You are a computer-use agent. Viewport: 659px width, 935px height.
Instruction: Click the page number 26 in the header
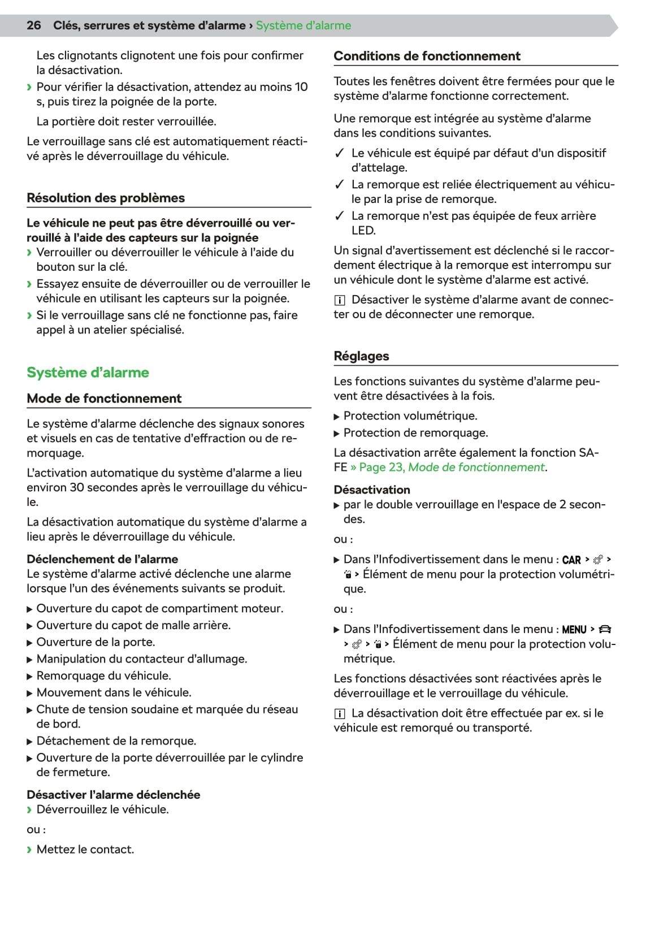tap(34, 25)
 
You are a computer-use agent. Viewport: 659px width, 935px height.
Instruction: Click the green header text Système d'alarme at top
tap(304, 25)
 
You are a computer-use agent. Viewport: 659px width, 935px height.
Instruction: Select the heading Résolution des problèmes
tap(106, 198)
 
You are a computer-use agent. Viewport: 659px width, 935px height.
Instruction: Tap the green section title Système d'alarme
tap(88, 373)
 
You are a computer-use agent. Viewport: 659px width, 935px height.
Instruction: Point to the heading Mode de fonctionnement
tap(104, 399)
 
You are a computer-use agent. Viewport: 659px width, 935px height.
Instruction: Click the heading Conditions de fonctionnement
tap(427, 56)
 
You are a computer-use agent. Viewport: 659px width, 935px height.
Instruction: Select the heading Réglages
tap(361, 356)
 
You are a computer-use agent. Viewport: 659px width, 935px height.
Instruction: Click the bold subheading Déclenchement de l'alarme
tap(102, 559)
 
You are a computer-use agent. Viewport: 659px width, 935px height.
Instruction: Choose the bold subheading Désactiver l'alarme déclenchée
tap(113, 795)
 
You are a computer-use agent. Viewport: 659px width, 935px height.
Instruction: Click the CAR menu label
tap(571, 560)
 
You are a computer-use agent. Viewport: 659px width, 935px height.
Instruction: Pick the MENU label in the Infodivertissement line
tap(574, 630)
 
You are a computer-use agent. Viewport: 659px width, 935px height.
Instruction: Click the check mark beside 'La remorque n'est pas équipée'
tap(340, 216)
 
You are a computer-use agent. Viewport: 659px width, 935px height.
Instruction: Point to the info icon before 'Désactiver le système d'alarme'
tap(339, 300)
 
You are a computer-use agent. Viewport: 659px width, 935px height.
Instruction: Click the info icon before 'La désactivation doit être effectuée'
tap(339, 714)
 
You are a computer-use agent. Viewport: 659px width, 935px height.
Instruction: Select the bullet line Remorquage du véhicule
tap(103, 676)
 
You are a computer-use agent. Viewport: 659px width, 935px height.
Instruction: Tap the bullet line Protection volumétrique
tap(410, 416)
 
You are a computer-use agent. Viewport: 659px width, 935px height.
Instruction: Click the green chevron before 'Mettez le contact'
tap(29, 850)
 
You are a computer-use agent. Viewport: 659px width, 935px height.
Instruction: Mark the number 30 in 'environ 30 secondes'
tap(77, 488)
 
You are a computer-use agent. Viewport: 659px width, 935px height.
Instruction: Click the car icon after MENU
tap(605, 629)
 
